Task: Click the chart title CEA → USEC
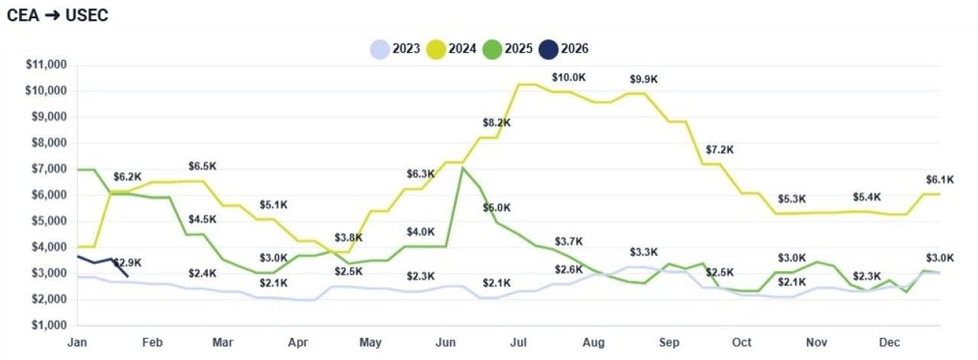[57, 15]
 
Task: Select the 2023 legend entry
[395, 49]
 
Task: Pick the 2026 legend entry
[564, 49]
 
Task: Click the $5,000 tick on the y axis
[47, 221]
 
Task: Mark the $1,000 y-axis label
[47, 325]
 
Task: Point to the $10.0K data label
[568, 78]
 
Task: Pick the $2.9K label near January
[128, 263]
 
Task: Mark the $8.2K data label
[497, 123]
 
